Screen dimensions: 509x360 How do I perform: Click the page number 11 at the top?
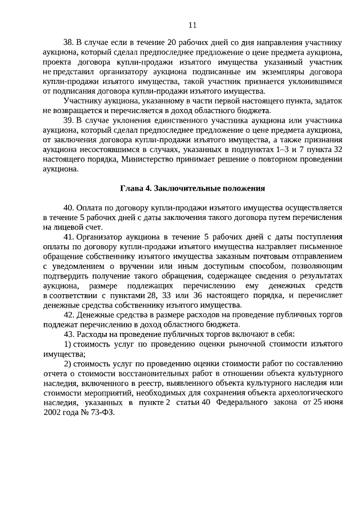tap(192, 25)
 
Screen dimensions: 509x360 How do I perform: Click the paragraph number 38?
tap(68, 42)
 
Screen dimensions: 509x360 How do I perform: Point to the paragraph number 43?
tap(68, 335)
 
